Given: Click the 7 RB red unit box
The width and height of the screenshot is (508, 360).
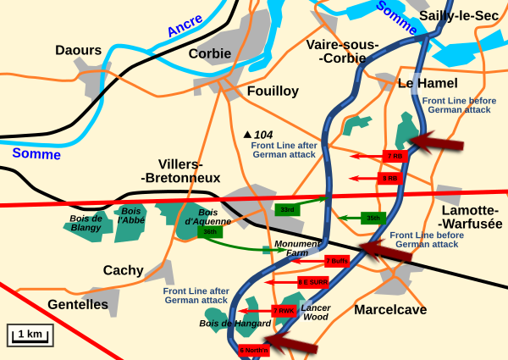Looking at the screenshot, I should tap(395, 157).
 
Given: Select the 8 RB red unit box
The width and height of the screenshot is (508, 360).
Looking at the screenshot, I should tap(390, 178).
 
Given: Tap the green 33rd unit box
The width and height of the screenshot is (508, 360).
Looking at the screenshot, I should tap(287, 209).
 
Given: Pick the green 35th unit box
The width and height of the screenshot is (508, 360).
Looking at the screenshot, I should tap(373, 218).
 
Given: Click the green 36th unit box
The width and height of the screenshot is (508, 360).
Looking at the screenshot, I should tap(209, 231).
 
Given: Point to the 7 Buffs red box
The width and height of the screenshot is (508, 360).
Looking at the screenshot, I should tap(336, 261).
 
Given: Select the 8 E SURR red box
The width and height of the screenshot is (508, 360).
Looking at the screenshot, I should tap(313, 281).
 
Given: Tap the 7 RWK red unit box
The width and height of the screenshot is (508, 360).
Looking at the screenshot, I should tap(284, 311).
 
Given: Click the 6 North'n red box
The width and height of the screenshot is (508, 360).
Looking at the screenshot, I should tap(253, 349).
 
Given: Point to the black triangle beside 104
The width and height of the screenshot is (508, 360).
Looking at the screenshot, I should tap(248, 135).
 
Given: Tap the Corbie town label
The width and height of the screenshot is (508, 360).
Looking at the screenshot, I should tap(209, 53).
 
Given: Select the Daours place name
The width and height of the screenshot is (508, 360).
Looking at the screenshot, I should tap(79, 50).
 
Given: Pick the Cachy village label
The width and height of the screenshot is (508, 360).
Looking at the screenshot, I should tap(124, 270).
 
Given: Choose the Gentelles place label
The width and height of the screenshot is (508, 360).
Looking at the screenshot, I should tap(78, 303).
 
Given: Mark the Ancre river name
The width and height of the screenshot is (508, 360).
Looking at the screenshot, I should tap(185, 25).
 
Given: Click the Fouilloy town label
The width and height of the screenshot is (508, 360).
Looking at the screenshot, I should tap(272, 91).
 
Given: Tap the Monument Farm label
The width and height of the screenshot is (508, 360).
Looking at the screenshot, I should tap(296, 248).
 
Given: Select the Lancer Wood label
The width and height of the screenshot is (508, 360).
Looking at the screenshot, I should tap(316, 312).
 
